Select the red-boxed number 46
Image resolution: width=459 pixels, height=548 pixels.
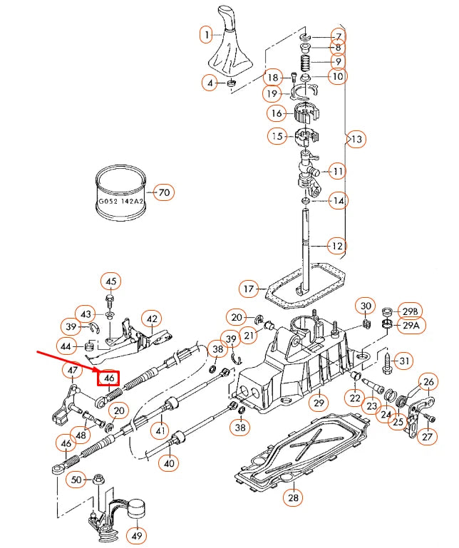(x=109, y=378)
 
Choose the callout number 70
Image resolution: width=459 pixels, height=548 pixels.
(x=164, y=192)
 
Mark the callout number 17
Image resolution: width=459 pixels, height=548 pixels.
(x=248, y=289)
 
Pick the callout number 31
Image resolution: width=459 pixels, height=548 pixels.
(x=404, y=362)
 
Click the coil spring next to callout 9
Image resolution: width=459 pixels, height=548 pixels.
(x=305, y=62)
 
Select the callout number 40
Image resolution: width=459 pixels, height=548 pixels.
(x=169, y=462)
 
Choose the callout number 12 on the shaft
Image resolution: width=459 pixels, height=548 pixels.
(x=336, y=247)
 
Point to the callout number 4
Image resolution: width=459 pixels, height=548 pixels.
(x=210, y=83)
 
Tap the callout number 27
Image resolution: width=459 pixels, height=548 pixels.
(x=427, y=437)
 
